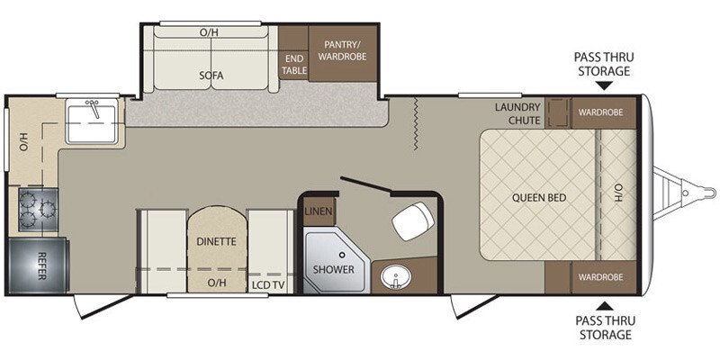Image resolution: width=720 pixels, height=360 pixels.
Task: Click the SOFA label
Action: click(211, 76)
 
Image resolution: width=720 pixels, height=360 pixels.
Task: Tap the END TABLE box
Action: click(294, 65)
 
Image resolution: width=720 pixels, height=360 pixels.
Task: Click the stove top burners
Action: click(35, 210)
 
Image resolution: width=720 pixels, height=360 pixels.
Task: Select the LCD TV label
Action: click(268, 283)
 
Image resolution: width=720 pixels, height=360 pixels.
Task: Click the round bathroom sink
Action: click(392, 275)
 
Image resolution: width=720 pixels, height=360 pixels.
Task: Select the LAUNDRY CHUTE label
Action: click(517, 113)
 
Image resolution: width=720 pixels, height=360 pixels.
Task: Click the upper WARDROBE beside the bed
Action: click(601, 113)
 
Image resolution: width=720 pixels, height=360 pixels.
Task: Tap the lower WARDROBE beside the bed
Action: click(601, 277)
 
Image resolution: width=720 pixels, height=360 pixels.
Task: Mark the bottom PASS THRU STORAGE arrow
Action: click(602, 305)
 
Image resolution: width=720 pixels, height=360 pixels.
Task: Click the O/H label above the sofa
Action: click(209, 33)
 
